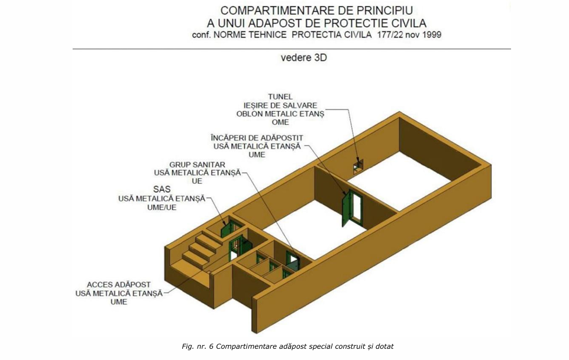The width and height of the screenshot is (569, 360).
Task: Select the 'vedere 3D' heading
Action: (x=304, y=58)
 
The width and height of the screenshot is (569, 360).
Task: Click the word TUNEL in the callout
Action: (x=280, y=97)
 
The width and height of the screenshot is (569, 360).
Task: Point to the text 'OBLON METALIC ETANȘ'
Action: (x=280, y=114)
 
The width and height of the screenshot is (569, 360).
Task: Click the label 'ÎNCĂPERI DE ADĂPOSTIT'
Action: (x=257, y=138)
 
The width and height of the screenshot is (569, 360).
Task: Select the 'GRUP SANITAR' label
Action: (x=197, y=164)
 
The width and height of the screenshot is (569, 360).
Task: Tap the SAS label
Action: (x=162, y=189)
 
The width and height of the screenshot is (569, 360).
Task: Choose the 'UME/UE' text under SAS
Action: (x=162, y=207)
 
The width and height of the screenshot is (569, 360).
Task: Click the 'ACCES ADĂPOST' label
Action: (x=119, y=284)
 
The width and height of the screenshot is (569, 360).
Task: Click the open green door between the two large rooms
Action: (x=347, y=209)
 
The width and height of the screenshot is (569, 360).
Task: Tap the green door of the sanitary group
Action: (x=292, y=260)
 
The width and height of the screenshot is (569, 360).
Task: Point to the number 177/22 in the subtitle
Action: (x=390, y=35)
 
